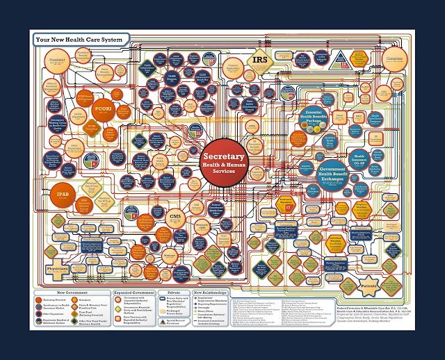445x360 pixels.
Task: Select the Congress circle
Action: point(394,55)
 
